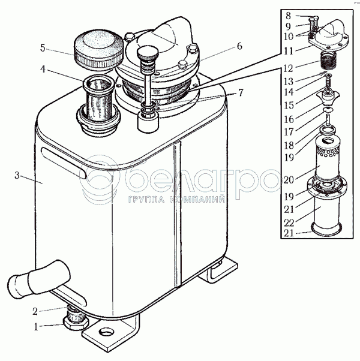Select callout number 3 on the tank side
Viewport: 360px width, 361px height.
coord(17,176)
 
